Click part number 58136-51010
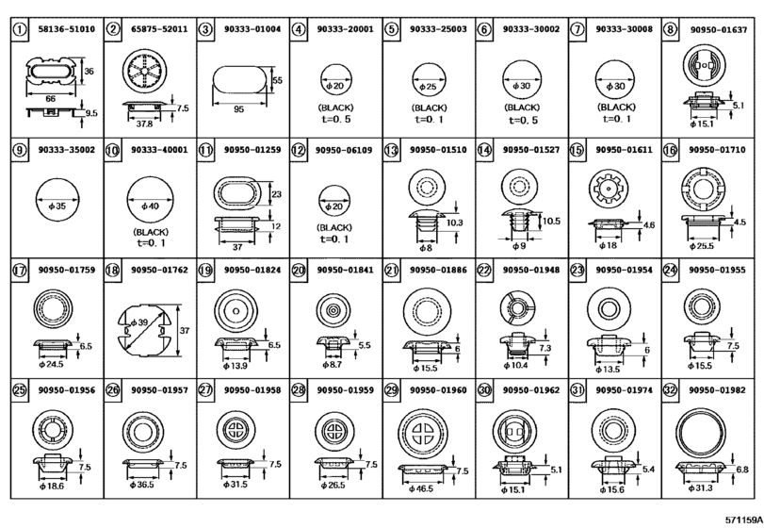(x=66, y=29)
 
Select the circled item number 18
(x=112, y=270)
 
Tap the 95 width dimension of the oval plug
(x=238, y=109)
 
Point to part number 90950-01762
(x=159, y=270)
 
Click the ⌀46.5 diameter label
(x=421, y=488)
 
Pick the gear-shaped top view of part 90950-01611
(x=609, y=188)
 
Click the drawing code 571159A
(x=743, y=520)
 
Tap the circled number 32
(x=670, y=390)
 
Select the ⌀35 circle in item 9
(x=57, y=200)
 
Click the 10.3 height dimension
(x=455, y=223)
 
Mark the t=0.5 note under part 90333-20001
(x=336, y=120)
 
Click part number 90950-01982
(x=717, y=390)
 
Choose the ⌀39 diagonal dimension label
(x=139, y=322)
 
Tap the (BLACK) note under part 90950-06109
(x=334, y=227)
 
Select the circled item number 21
(x=391, y=270)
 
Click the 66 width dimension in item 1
(x=51, y=99)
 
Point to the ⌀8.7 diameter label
(x=333, y=365)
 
